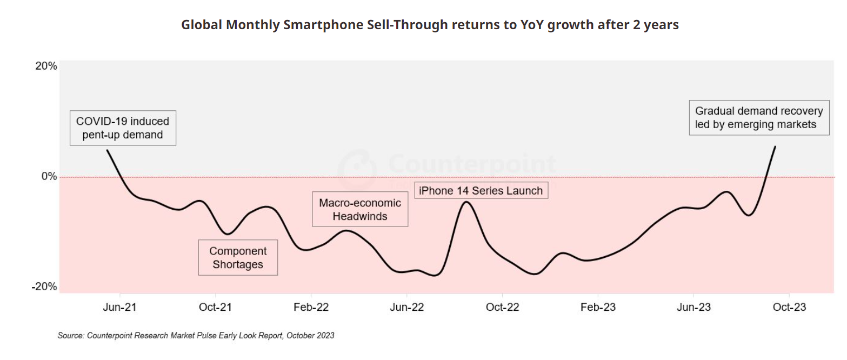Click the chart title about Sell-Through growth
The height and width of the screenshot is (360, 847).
(x=430, y=25)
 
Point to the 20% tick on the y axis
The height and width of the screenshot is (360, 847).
(x=46, y=66)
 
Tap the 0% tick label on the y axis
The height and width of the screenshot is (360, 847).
(x=49, y=176)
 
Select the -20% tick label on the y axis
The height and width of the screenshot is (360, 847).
(x=44, y=286)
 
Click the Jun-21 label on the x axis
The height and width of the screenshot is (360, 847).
(x=119, y=307)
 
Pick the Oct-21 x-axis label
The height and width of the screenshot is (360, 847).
(x=215, y=307)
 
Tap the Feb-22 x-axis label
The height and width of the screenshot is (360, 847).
(x=311, y=307)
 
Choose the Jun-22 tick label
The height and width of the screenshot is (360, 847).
(x=406, y=307)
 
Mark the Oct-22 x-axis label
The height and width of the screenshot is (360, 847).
(x=502, y=307)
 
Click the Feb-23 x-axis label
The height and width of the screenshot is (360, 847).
(x=598, y=307)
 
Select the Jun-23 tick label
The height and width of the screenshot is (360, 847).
(x=693, y=307)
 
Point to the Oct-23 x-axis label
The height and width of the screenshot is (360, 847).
(x=789, y=307)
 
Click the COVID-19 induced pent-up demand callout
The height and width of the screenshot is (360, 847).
(x=123, y=128)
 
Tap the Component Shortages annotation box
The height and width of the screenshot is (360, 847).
(x=238, y=258)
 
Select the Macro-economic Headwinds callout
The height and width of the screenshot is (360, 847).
(x=360, y=210)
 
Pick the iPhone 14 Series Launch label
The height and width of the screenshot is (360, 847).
(x=481, y=190)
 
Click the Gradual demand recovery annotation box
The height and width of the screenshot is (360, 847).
(x=759, y=118)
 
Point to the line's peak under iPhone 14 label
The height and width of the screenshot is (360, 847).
(x=466, y=202)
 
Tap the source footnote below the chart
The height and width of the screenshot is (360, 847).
(x=196, y=336)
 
